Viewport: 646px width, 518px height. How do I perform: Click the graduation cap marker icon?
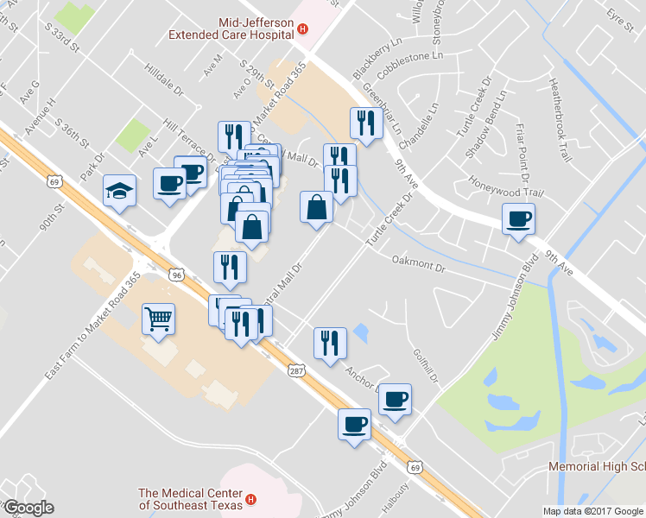click(x=120, y=191)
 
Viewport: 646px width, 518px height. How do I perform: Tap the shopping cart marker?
click(x=158, y=319)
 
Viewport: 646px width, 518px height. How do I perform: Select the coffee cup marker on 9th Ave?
click(x=519, y=219)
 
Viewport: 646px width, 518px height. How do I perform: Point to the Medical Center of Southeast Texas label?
click(x=190, y=499)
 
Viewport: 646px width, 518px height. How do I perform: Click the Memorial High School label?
click(x=597, y=467)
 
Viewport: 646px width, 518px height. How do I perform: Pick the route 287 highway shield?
click(x=295, y=370)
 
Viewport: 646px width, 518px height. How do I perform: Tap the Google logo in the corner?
click(x=28, y=508)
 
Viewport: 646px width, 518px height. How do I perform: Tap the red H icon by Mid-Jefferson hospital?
click(x=302, y=29)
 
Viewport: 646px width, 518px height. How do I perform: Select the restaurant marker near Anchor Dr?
click(x=330, y=344)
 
